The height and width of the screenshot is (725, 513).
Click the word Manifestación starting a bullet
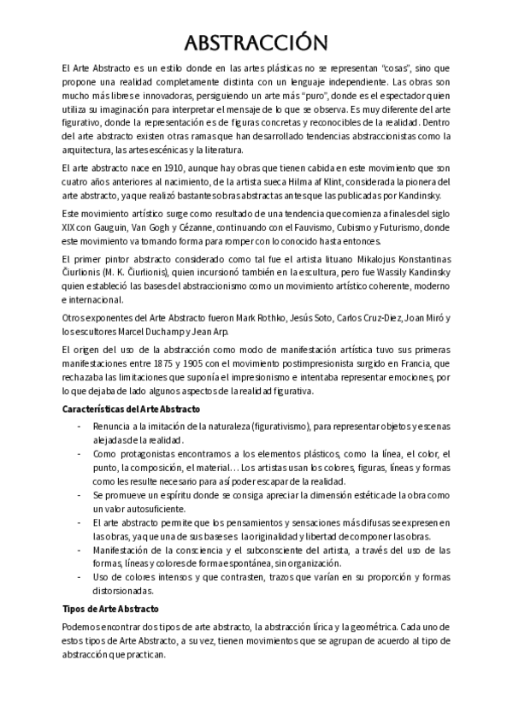coord(125,550)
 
